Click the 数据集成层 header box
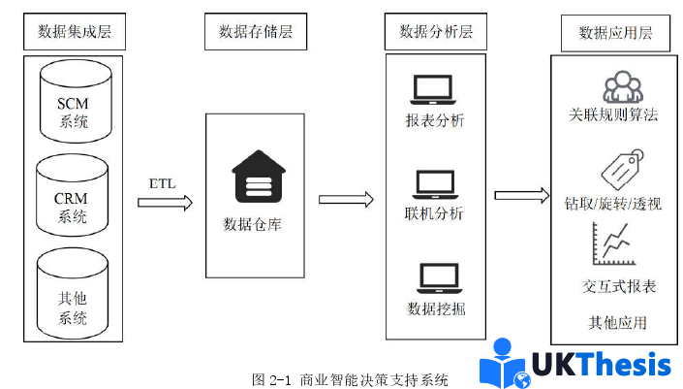[75, 32]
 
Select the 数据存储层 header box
[249, 32]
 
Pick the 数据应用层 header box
[615, 33]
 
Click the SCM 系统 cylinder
[73, 100]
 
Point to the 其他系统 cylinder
[73, 293]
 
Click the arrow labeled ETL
[165, 203]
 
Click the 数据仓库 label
[254, 225]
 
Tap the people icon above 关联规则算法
[623, 88]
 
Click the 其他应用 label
[617, 321]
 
